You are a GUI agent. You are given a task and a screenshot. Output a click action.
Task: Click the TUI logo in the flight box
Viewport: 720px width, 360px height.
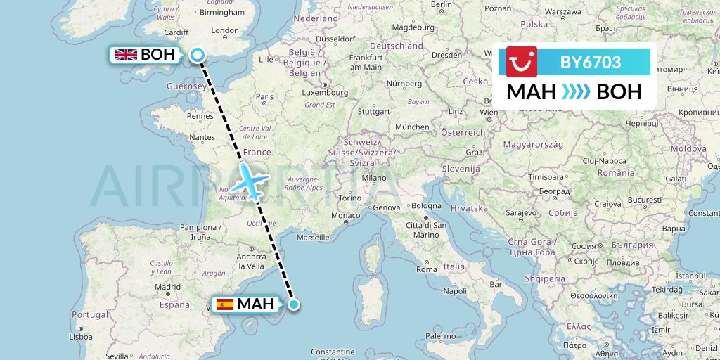pyautogui.click(x=522, y=62)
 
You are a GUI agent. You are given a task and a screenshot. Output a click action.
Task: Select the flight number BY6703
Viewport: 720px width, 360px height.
pyautogui.click(x=590, y=62)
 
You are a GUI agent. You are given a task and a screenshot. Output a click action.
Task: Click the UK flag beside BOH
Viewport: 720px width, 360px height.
pyautogui.click(x=126, y=55)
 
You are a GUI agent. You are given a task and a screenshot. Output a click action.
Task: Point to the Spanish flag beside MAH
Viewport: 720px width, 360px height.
pyautogui.click(x=225, y=304)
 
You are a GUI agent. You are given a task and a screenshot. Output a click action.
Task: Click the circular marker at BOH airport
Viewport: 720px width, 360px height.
pyautogui.click(x=198, y=55)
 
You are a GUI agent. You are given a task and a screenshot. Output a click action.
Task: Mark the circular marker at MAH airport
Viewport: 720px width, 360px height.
pyautogui.click(x=294, y=304)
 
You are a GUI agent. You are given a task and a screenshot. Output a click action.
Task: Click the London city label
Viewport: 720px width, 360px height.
pyautogui.click(x=225, y=30)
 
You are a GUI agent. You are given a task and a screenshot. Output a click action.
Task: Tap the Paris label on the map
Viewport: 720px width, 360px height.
pyautogui.click(x=264, y=97)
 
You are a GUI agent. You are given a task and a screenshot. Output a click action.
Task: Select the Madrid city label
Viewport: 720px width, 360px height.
pyautogui.click(x=167, y=287)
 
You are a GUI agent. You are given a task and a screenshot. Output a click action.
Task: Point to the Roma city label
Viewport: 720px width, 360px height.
pyautogui.click(x=426, y=269)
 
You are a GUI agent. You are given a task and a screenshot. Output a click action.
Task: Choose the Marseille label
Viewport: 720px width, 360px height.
pyautogui.click(x=314, y=238)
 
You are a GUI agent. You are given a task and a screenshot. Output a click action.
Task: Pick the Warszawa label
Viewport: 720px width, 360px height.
pyautogui.click(x=562, y=12)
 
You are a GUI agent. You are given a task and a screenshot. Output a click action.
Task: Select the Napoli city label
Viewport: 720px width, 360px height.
pyautogui.click(x=456, y=290)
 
